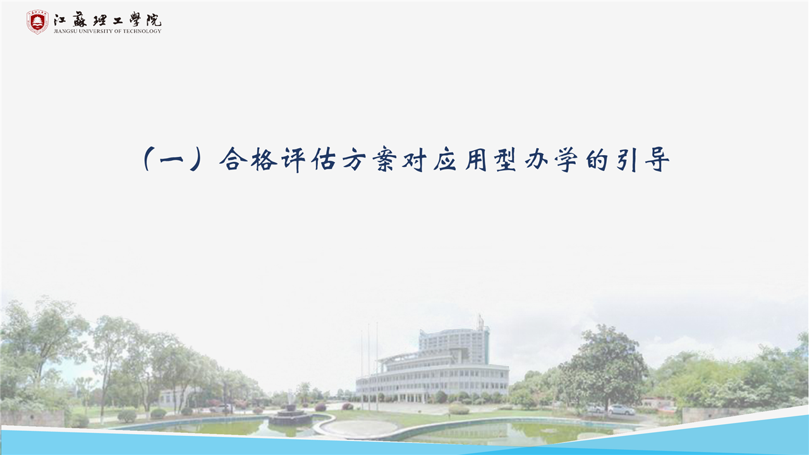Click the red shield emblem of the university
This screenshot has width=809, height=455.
click(37, 22)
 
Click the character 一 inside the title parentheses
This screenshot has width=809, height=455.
click(172, 160)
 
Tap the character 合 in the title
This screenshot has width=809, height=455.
click(234, 159)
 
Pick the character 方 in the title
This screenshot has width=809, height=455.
click(355, 159)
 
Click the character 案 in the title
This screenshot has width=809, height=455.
click(385, 159)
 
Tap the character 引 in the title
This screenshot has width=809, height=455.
click(628, 159)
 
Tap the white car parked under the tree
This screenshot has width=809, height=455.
click(621, 410)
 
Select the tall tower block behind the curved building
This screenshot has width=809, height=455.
click(454, 346)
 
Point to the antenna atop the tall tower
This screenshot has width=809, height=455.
click(480, 322)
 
